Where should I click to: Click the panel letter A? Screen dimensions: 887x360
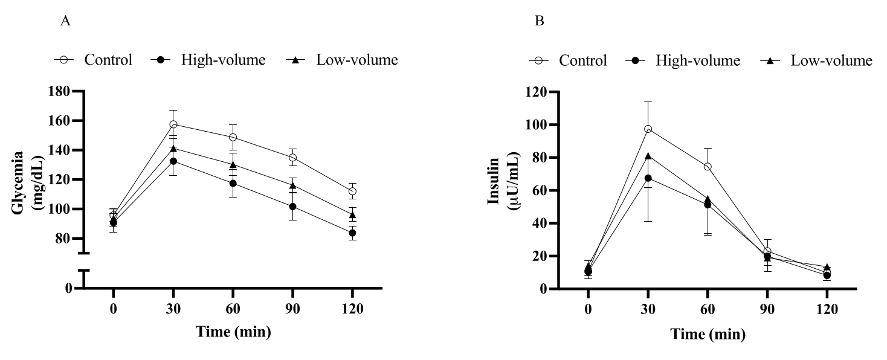coord(65,21)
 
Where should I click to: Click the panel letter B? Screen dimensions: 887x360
coord(540,21)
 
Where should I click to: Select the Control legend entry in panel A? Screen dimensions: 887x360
coord(93,60)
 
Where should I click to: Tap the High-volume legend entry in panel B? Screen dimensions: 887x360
coord(683,60)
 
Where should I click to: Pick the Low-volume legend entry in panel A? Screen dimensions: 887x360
coord(342,60)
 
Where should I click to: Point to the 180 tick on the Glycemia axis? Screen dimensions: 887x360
coord(59,91)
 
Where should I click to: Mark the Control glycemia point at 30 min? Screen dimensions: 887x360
coord(173,124)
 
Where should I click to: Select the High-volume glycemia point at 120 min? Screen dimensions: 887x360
coord(352,233)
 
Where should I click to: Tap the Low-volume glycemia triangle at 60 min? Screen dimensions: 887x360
coord(233,165)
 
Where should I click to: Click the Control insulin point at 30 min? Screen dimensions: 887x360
coord(648,129)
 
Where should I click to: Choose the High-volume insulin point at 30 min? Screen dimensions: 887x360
coord(648,178)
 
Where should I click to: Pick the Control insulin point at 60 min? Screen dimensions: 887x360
coord(707,167)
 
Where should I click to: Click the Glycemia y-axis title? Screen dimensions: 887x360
coord(28,183)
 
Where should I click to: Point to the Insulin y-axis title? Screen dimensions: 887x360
coord(503,181)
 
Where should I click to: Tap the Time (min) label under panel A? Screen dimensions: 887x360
coord(234,332)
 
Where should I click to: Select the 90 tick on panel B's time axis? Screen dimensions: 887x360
coord(767,309)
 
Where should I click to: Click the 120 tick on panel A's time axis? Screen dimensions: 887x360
coord(352,309)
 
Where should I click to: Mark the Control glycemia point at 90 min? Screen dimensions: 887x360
coord(292,158)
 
